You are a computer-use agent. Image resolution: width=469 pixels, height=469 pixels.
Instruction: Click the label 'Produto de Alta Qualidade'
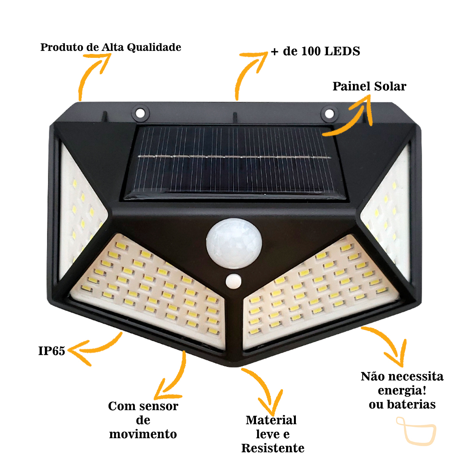111,47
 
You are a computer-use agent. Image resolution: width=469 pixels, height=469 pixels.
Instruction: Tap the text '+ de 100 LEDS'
315,51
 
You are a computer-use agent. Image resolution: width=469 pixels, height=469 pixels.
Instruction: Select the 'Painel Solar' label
369,86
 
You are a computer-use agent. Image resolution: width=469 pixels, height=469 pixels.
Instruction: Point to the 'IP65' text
52,351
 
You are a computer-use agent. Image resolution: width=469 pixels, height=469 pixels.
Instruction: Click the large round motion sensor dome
234,243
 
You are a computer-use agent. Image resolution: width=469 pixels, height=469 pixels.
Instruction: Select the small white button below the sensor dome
233,281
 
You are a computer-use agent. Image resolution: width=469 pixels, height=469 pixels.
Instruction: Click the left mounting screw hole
140,113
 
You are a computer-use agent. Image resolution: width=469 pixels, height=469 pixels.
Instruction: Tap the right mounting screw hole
329,113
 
